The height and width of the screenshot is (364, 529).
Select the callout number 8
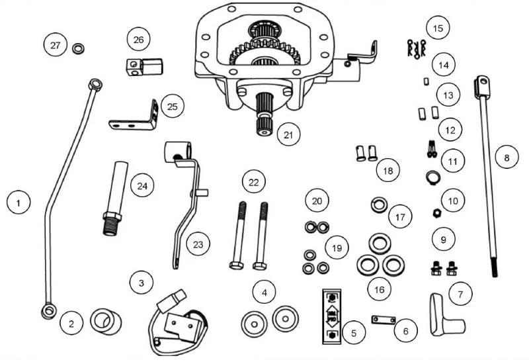[x=508, y=158]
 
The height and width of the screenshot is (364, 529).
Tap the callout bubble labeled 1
[x=20, y=201]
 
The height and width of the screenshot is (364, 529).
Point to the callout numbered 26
[x=138, y=40]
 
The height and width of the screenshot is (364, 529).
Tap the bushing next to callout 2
[x=105, y=322]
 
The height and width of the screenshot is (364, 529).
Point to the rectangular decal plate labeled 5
[x=331, y=316]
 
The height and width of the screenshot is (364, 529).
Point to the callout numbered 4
[x=264, y=291]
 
